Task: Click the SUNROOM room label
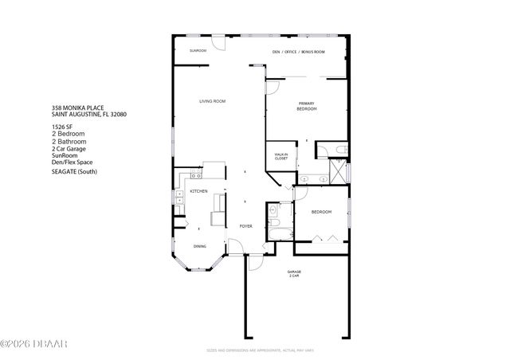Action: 198,51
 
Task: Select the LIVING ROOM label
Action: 213,101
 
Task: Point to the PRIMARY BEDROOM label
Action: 308,106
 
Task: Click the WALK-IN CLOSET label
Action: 280,157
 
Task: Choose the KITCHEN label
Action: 198,192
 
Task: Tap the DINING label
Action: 199,246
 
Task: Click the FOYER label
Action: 246,226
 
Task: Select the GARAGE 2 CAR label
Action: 294,274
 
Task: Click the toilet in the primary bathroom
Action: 340,150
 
